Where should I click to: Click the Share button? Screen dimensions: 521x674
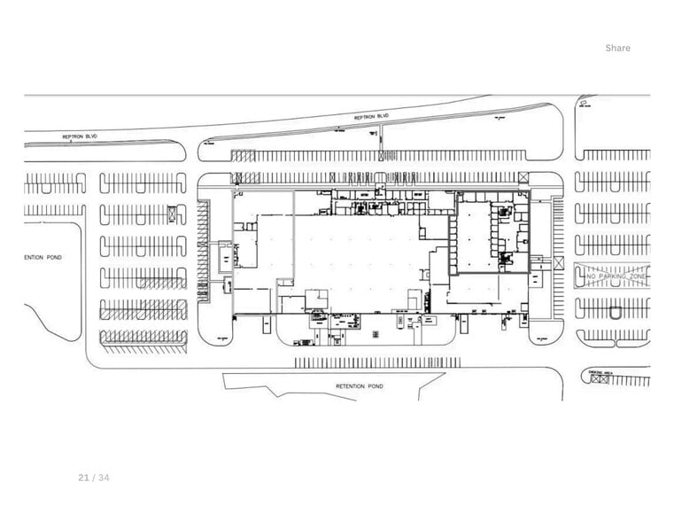tap(617, 48)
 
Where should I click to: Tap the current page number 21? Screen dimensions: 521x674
tap(83, 478)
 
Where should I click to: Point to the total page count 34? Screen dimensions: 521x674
tap(104, 478)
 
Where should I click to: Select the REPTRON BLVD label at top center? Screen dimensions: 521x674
tap(371, 116)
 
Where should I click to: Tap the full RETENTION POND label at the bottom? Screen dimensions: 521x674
tap(360, 386)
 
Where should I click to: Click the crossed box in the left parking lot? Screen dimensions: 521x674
tap(172, 214)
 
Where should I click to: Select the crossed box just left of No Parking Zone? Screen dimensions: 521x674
tap(558, 262)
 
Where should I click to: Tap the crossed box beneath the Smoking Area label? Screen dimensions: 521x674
tap(595, 379)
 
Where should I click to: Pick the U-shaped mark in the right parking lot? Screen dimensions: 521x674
tap(615, 312)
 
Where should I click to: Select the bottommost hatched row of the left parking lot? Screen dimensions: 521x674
tap(143, 338)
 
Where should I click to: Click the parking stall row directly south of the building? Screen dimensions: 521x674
tap(376, 362)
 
